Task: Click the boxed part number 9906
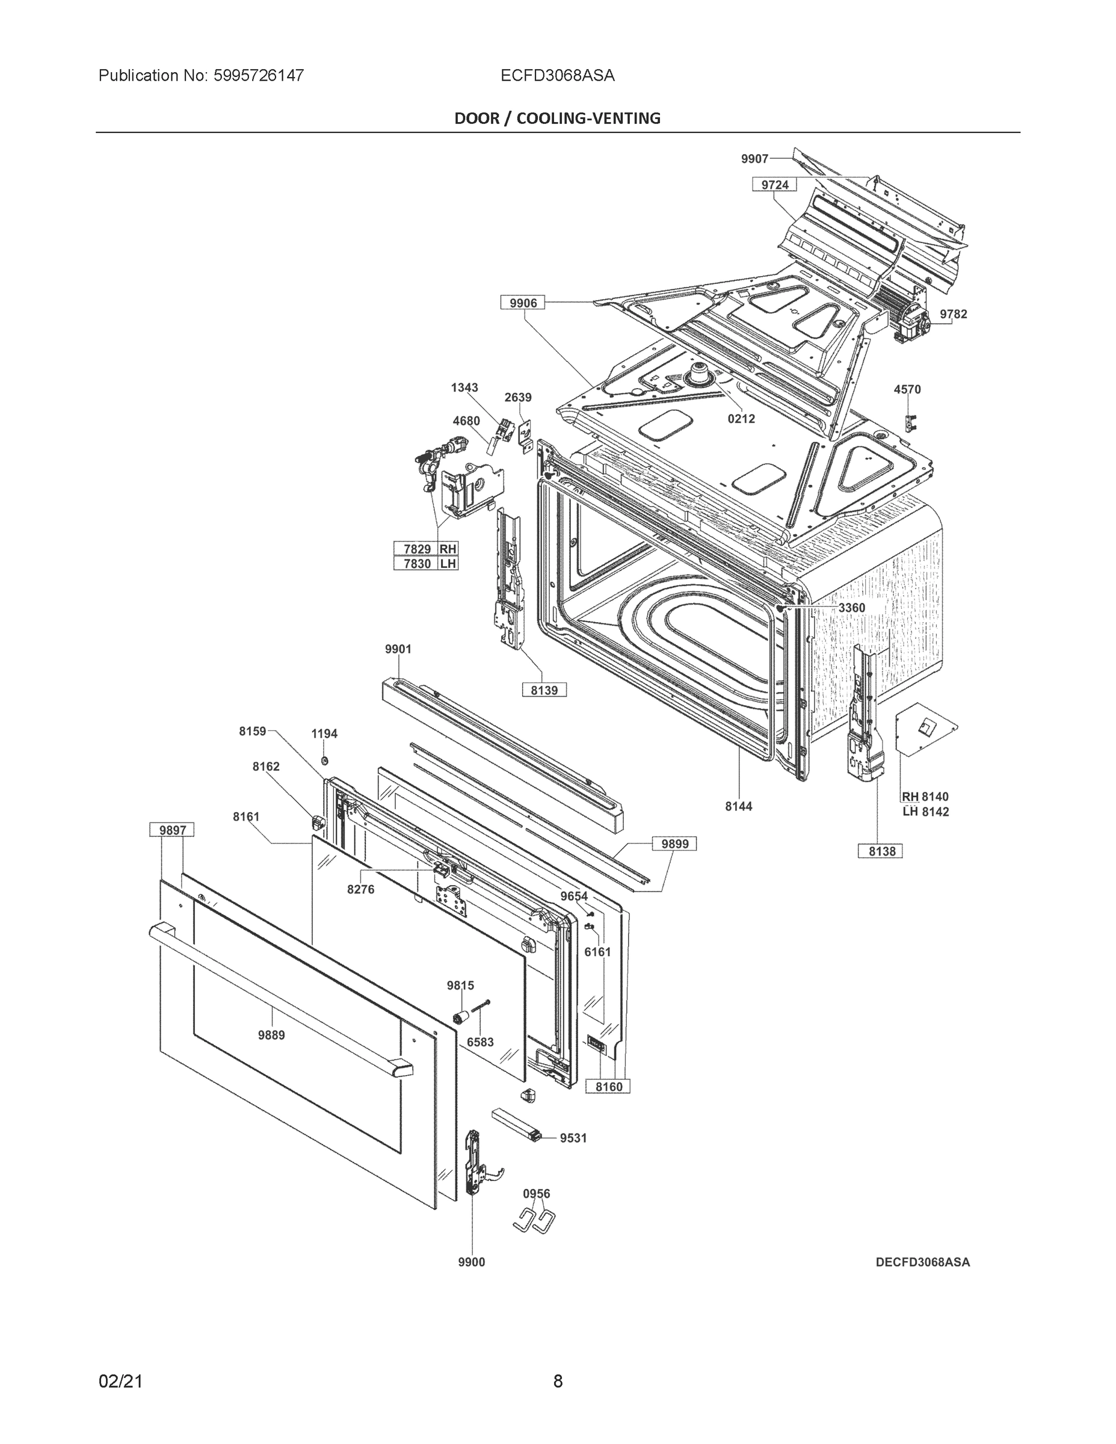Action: [523, 303]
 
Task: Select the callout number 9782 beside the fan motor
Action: [954, 314]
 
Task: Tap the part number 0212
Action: [741, 419]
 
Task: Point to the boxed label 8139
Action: [544, 690]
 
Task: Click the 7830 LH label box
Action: [426, 563]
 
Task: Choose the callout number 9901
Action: [398, 649]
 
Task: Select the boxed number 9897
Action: [172, 830]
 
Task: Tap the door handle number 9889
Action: [271, 1035]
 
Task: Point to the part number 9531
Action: [573, 1138]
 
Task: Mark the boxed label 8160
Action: [608, 1086]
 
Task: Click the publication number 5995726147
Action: [259, 75]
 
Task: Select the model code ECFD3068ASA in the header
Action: [557, 75]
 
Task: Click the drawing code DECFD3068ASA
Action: [922, 1262]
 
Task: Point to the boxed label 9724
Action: [774, 185]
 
